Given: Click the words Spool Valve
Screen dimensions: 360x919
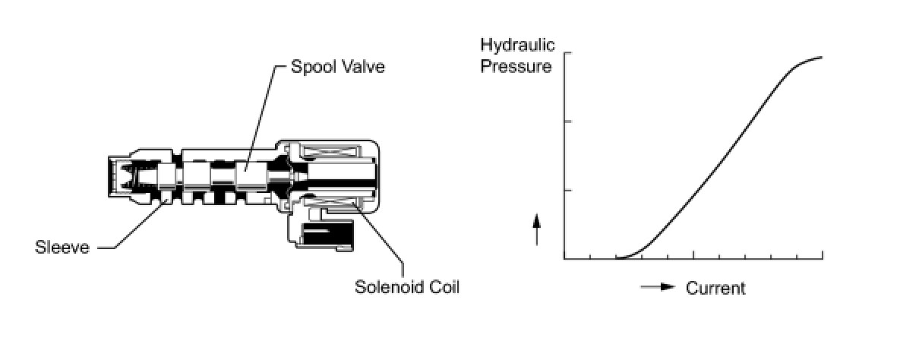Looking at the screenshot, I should click(338, 67).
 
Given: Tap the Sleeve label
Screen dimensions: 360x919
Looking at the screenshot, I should click(62, 247).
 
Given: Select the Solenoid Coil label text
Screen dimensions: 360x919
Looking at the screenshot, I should click(407, 287).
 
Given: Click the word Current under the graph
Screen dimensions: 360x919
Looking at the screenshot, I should click(715, 289).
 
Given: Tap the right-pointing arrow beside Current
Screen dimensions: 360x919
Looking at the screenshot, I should click(658, 288).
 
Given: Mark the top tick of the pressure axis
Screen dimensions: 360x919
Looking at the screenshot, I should click(567, 53).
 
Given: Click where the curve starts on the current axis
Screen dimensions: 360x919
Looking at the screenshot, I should click(617, 258).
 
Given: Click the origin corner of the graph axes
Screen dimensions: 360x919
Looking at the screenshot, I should click(565, 258).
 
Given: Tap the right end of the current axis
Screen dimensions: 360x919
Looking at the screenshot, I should click(823, 258).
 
